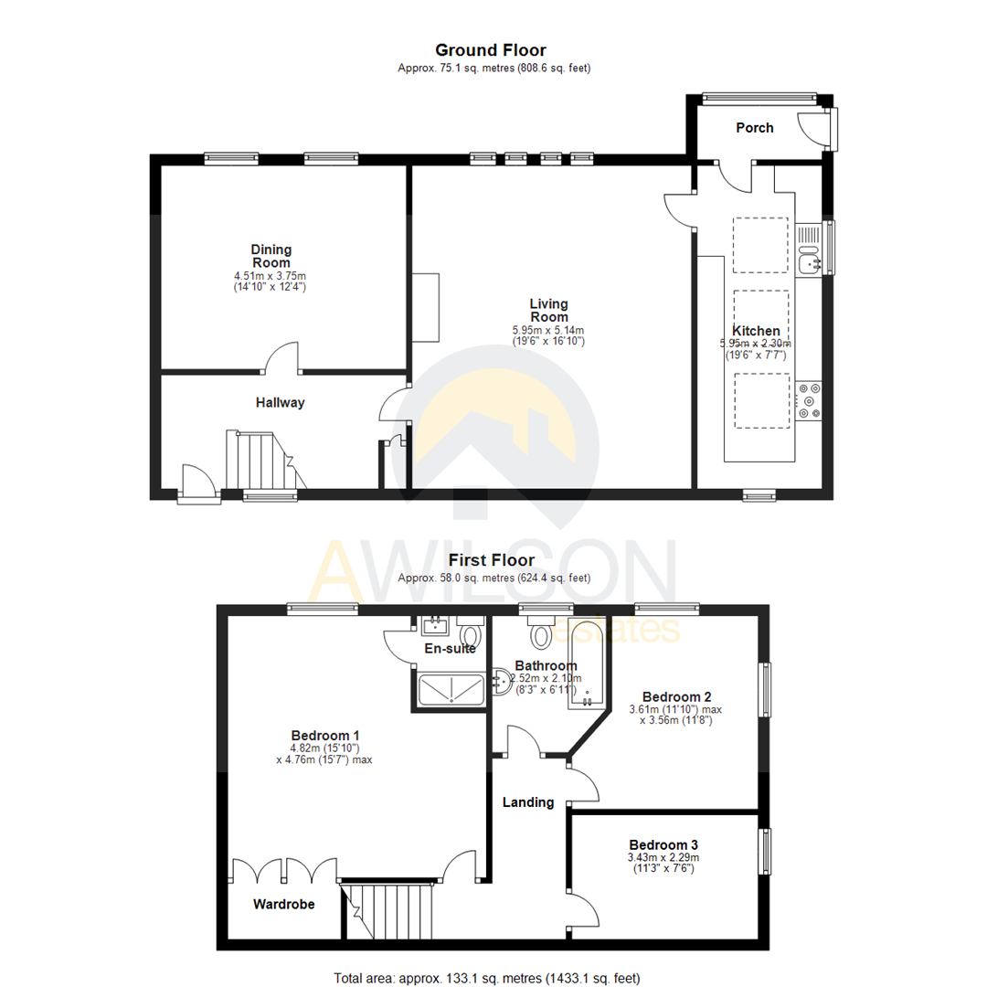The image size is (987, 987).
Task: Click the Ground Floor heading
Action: coord(491,50)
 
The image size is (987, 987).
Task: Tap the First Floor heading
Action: coord(491,560)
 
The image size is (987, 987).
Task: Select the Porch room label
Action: coord(755,128)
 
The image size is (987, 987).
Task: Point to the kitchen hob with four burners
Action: coord(810,400)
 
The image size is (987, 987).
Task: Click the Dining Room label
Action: coord(271,255)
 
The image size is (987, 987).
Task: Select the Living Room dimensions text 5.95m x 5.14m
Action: coord(548,330)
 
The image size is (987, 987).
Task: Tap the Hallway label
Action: coord(280,402)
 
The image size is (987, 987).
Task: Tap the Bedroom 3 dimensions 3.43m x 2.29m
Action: coord(663,857)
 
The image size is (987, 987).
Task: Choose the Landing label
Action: coord(528,802)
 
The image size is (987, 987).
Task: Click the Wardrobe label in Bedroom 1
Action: coord(283,905)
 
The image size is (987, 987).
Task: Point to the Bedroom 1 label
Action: coord(325,735)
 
